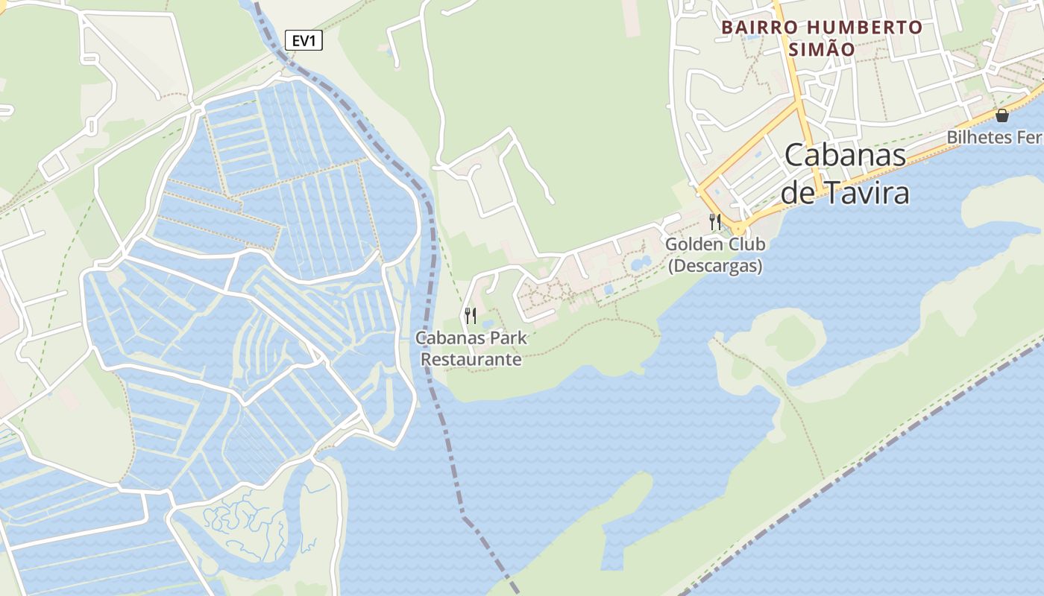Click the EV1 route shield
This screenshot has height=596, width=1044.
coord(304,41)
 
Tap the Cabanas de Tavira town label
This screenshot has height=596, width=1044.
coord(845,174)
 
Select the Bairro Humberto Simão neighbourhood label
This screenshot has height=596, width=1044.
coord(822,38)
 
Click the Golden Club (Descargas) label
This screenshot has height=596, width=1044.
coord(715,255)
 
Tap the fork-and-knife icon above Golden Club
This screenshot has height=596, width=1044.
coord(715,221)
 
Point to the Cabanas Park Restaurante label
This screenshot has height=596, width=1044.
coord(471,348)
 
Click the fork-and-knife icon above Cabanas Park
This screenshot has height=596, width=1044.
coord(471,316)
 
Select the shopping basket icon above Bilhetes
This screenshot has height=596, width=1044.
coord(1001,115)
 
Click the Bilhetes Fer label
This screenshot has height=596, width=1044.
coord(995,138)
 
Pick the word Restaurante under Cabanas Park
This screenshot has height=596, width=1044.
coord(471,359)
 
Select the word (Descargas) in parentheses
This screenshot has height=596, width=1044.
coord(715,266)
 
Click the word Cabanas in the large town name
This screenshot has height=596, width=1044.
coord(846,155)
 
